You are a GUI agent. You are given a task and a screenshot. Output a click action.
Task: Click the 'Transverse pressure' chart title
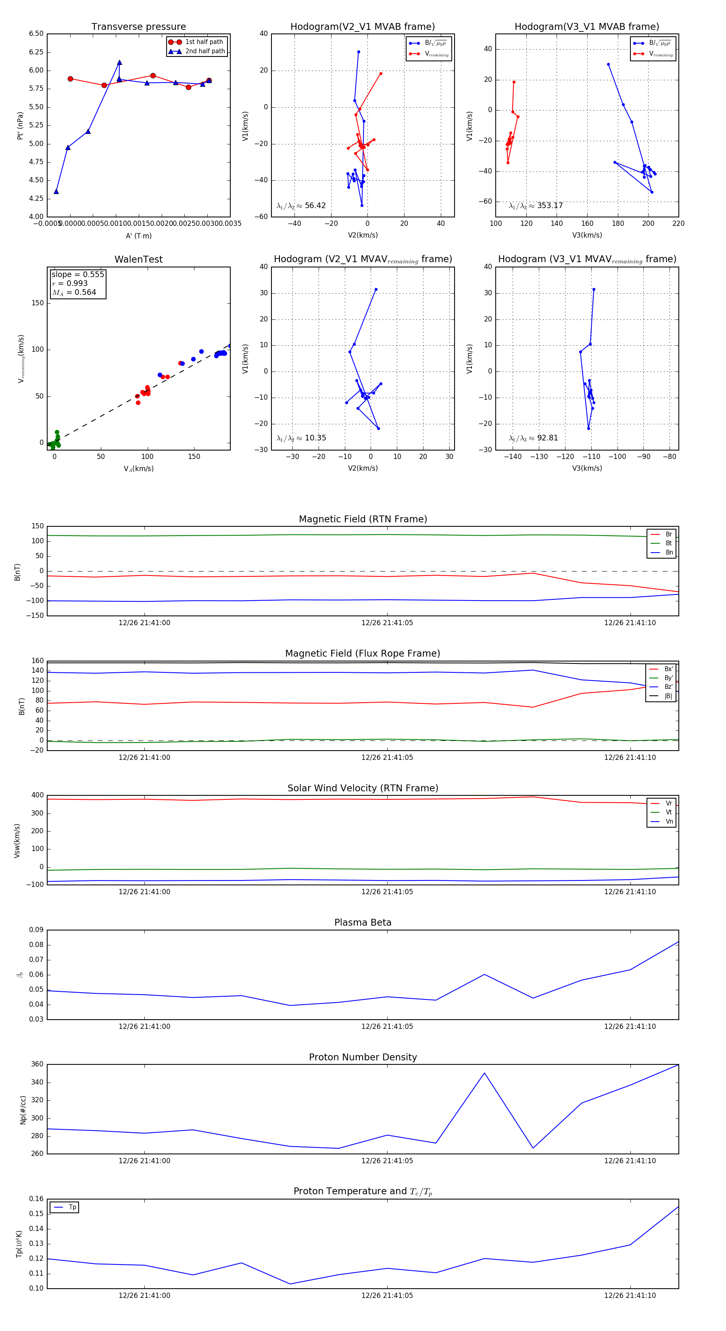tap(138, 27)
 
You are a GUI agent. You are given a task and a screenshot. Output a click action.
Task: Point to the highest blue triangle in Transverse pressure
tap(119, 63)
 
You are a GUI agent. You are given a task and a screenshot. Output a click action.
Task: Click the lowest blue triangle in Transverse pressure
tap(56, 192)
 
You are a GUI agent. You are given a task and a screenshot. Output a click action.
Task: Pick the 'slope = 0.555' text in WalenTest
tap(77, 274)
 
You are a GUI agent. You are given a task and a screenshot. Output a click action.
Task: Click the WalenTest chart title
tap(138, 259)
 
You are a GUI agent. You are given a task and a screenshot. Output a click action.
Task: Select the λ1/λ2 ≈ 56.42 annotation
tap(301, 206)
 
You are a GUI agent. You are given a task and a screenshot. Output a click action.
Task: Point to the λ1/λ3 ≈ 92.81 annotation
tap(533, 438)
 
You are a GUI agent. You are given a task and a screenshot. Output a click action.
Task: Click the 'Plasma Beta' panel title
tap(363, 922)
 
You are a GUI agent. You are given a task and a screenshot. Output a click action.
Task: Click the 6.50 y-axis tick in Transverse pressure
tap(36, 33)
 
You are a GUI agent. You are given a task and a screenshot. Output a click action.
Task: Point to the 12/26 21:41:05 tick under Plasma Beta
tap(387, 1026)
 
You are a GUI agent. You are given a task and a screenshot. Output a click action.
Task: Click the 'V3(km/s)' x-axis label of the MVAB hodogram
tap(587, 235)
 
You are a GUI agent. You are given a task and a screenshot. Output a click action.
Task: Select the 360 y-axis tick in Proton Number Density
tap(37, 1064)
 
